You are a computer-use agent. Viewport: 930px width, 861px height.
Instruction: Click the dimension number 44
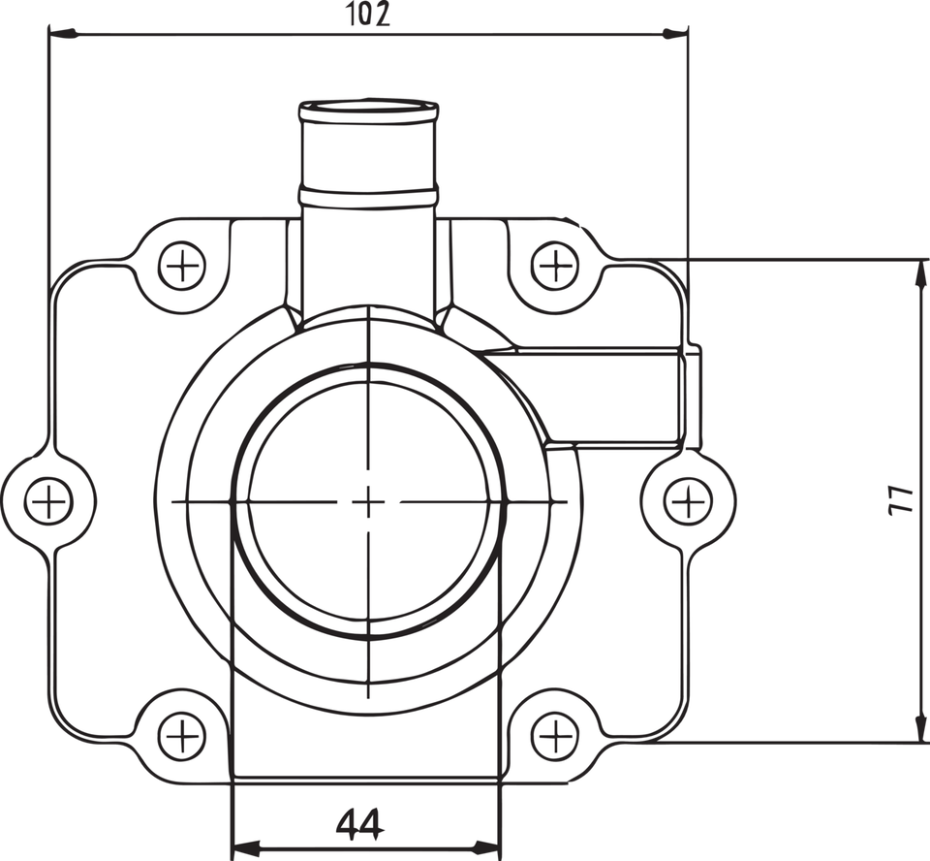[x=360, y=825]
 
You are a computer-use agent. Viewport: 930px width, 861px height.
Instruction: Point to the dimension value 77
[x=900, y=499]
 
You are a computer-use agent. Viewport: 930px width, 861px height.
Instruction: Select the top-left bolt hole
[x=181, y=265]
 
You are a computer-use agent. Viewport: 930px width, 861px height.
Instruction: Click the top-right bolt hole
[x=556, y=265]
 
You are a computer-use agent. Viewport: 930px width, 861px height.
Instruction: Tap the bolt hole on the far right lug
[x=688, y=501]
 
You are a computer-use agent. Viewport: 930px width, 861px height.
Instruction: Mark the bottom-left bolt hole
[x=181, y=736]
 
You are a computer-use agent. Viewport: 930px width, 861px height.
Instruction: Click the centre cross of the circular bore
[x=368, y=501]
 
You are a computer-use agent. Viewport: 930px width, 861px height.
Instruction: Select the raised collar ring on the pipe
[x=369, y=197]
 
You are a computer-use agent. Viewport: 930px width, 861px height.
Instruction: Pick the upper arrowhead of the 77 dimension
[x=917, y=271]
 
